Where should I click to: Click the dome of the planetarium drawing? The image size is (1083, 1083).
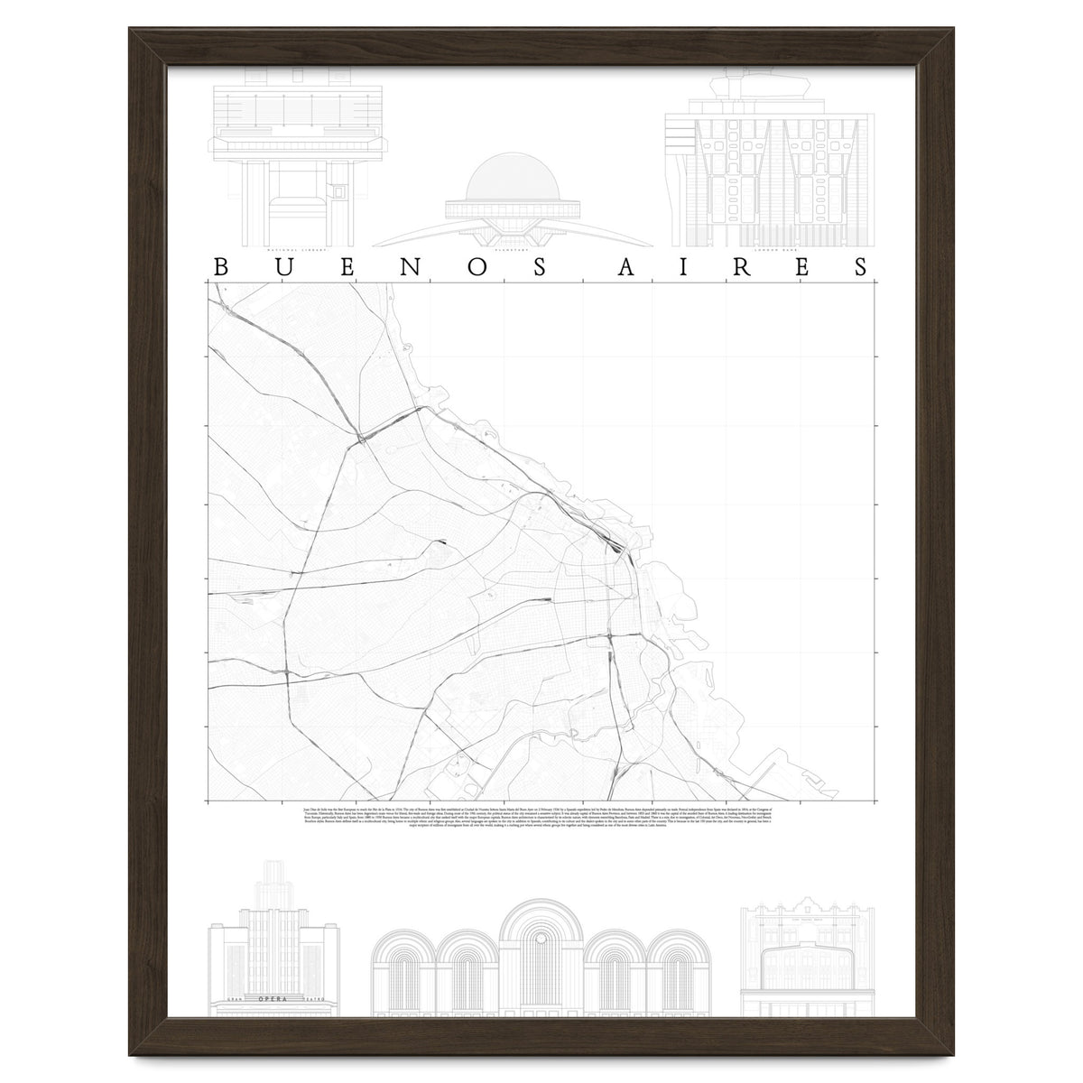[511, 180]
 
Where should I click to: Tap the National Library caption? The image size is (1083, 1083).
[292, 249]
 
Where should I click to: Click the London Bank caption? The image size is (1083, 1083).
[769, 249]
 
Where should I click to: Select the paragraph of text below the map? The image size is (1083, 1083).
[541, 813]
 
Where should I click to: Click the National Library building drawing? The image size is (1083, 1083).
[292, 162]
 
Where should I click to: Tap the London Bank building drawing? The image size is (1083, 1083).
[769, 171]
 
